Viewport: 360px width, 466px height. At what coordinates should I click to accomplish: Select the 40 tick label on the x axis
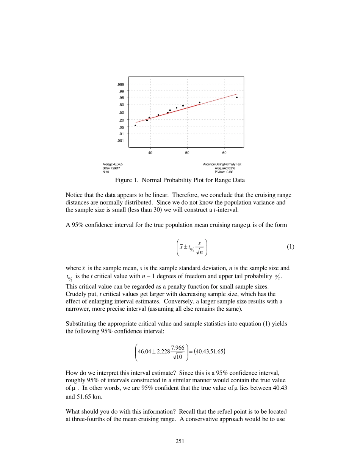click(150, 153)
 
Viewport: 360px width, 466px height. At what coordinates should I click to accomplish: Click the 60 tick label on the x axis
click(224, 153)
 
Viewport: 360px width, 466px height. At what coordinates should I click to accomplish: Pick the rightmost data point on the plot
click(237, 97)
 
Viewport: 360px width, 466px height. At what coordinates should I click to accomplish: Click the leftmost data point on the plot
click(135, 125)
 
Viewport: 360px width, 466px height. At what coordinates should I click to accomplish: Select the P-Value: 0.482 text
click(224, 172)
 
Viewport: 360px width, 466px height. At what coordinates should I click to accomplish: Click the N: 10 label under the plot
click(106, 172)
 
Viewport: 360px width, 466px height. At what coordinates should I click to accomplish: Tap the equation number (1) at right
click(290, 247)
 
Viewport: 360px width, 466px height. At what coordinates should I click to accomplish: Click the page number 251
click(180, 441)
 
